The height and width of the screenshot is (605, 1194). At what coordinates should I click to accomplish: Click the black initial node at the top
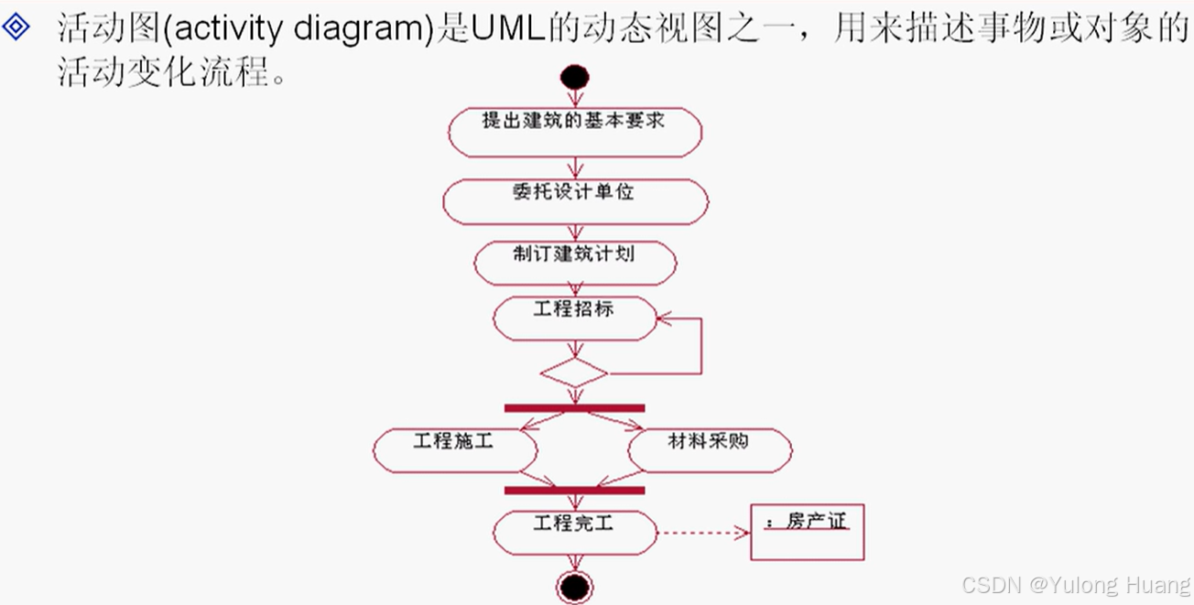575,77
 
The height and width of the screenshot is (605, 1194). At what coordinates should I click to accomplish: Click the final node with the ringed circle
575,586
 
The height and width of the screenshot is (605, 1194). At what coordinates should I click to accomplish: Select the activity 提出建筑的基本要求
575,132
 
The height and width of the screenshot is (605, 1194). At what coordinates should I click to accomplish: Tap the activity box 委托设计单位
575,201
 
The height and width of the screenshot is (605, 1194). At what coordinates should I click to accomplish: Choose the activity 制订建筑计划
575,263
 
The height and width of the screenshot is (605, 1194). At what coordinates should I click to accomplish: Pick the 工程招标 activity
575,318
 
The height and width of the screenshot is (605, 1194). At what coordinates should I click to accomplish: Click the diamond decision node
574,373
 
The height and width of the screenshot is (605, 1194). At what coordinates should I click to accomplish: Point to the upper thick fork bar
574,408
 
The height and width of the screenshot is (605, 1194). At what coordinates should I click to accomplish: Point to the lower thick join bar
574,491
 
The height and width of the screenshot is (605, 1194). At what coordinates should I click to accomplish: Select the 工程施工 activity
454,449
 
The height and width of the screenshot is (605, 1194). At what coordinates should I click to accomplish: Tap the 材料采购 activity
709,449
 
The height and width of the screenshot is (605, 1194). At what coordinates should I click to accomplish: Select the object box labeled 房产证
807,533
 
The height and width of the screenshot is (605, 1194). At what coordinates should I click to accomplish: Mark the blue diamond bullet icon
16,27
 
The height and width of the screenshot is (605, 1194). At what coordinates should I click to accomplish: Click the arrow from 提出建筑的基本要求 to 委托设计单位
575,167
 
